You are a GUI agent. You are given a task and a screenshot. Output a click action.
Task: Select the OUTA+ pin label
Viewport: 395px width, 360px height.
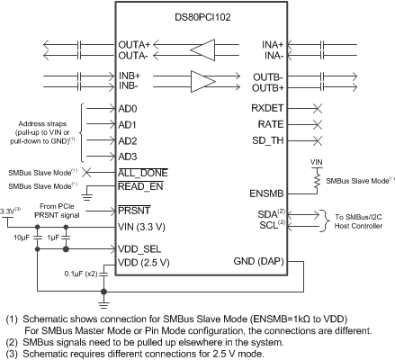pos(136,43)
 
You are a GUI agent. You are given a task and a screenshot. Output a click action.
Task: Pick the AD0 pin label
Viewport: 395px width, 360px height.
pos(128,108)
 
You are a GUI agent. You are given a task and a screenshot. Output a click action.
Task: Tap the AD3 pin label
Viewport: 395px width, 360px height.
pos(128,157)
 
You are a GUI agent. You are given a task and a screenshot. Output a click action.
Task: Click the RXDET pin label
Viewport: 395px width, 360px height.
pos(267,108)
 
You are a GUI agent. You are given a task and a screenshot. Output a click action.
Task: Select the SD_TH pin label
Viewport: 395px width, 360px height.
pos(267,141)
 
